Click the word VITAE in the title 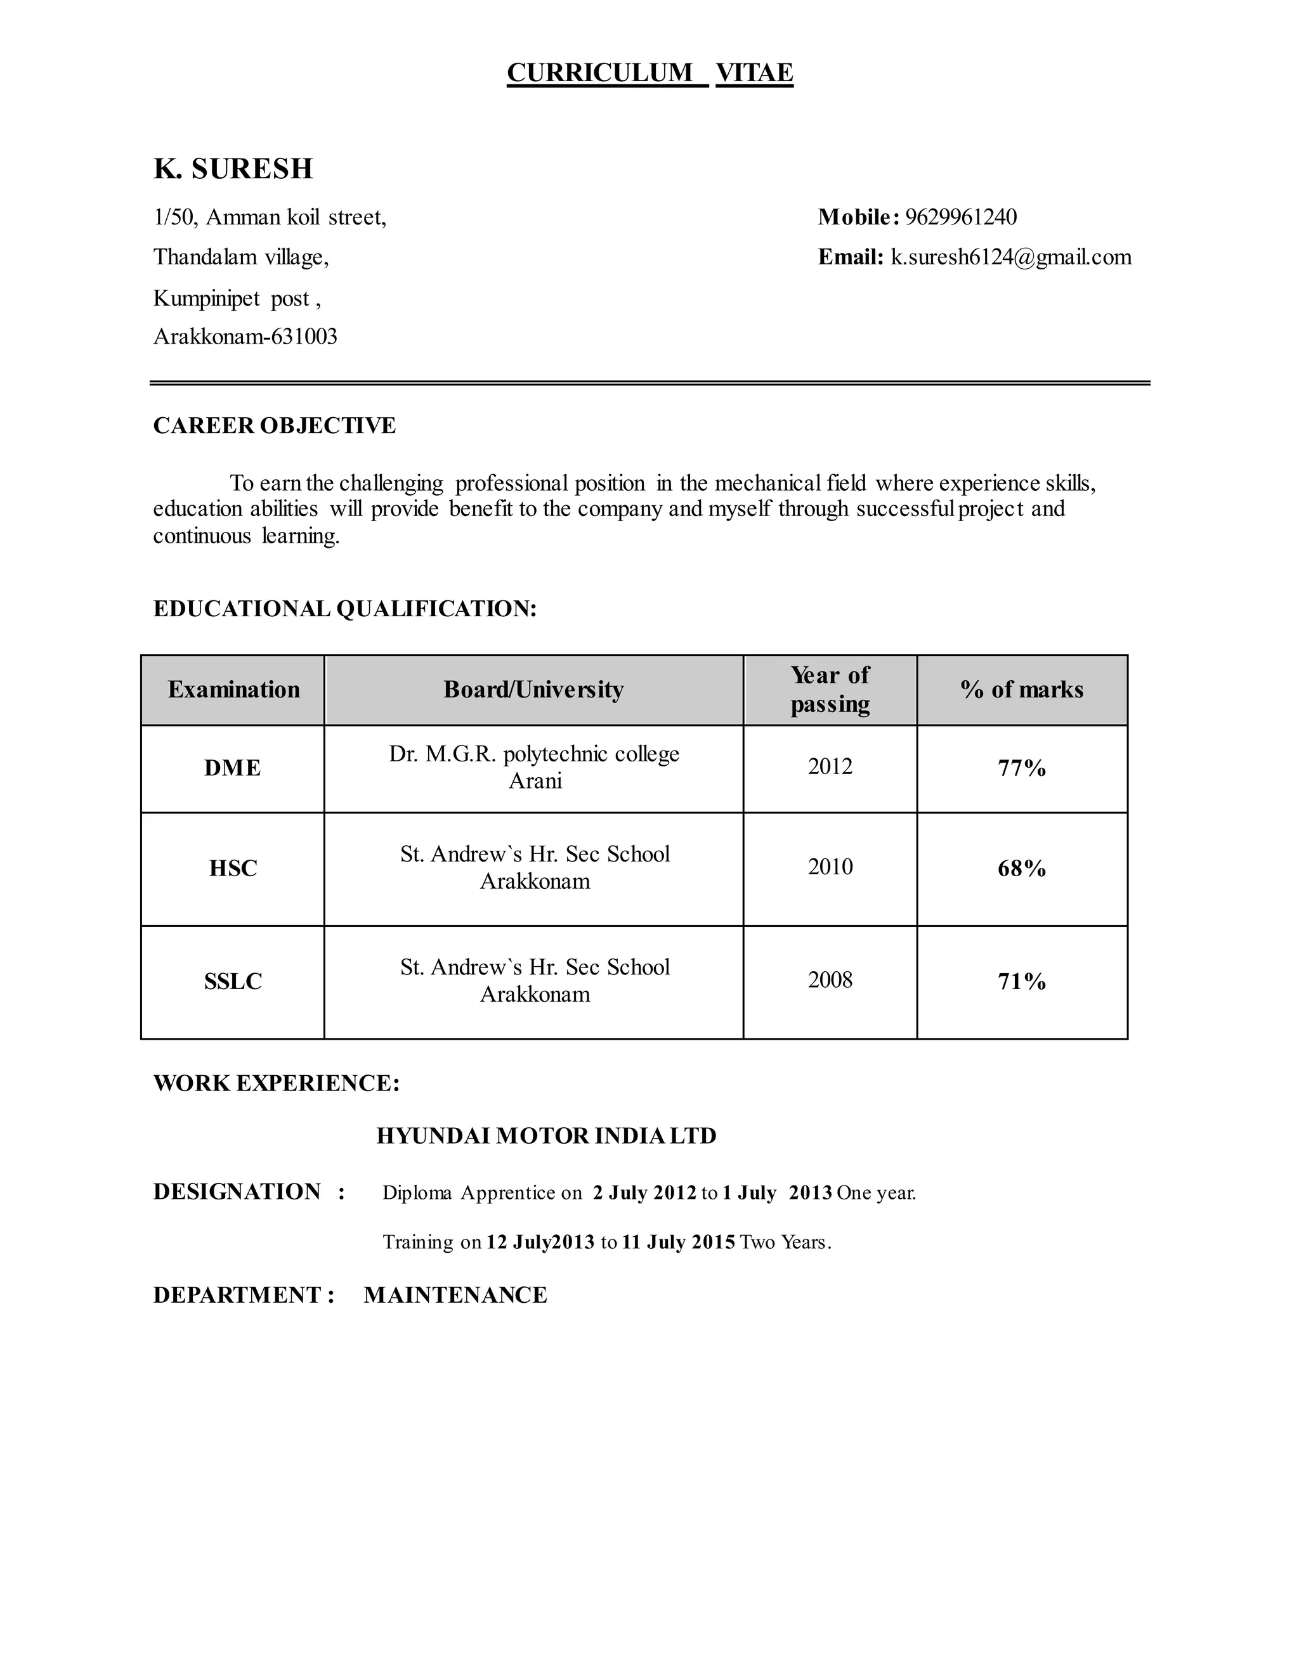(x=754, y=72)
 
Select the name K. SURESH (x=233, y=169)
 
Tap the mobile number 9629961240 (x=960, y=217)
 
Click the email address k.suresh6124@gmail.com (x=1011, y=257)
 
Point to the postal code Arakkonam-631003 (x=245, y=337)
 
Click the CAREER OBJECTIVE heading (x=274, y=425)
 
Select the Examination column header (x=233, y=689)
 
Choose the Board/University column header (x=533, y=689)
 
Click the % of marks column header (x=1021, y=689)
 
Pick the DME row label (x=232, y=768)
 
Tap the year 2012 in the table (x=830, y=766)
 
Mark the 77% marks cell (x=1021, y=768)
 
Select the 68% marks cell (x=1021, y=869)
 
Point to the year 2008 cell (x=830, y=979)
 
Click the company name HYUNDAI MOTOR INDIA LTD (x=546, y=1136)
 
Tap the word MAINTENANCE (x=455, y=1295)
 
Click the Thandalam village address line (x=241, y=257)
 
